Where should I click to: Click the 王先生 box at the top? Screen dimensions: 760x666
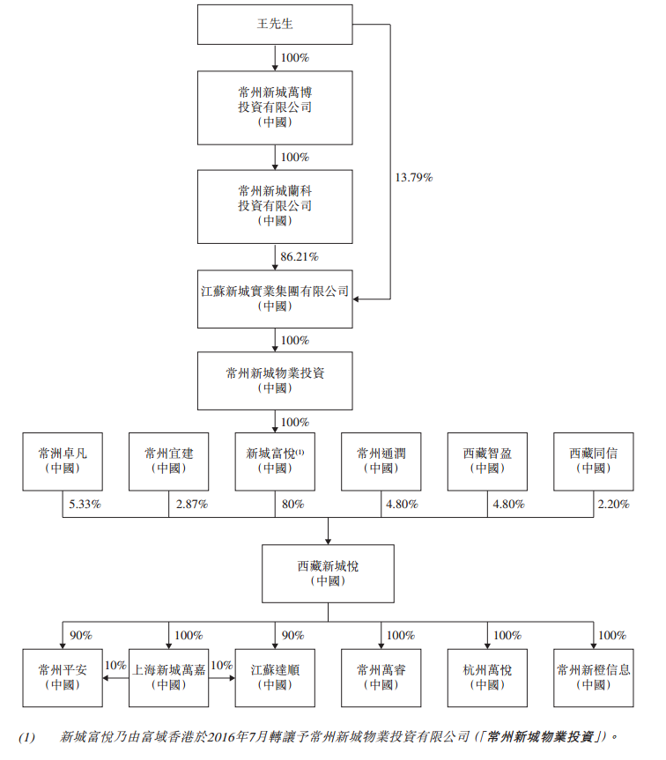[x=275, y=25]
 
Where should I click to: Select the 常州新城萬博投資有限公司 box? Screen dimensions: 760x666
[x=275, y=107]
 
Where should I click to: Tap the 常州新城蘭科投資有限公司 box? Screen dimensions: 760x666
[x=275, y=206]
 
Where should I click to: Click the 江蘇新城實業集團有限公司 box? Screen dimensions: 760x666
[x=275, y=299]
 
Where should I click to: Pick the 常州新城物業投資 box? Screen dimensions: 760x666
[x=275, y=380]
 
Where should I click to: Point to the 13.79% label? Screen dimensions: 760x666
[x=413, y=177]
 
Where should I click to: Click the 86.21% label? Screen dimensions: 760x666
[x=299, y=256]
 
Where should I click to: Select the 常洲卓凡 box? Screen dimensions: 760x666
[x=63, y=461]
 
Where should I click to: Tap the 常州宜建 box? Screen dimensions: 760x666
[x=169, y=461]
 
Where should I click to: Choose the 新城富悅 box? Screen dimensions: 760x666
[x=275, y=461]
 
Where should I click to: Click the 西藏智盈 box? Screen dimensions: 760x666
[x=487, y=461]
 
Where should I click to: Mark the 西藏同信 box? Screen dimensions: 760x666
[x=593, y=461]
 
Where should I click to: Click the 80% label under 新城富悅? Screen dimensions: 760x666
[x=292, y=505]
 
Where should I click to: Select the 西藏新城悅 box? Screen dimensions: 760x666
[x=328, y=574]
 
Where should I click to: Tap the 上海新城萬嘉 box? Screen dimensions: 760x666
[x=169, y=677]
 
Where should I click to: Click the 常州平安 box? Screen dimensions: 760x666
[x=63, y=677]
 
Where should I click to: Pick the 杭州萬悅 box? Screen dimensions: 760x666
[x=487, y=677]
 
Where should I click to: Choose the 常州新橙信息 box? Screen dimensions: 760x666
[x=593, y=677]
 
